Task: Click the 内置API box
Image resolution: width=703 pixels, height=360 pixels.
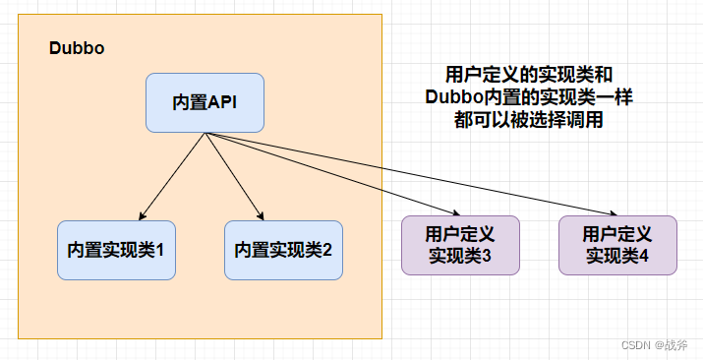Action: click(205, 102)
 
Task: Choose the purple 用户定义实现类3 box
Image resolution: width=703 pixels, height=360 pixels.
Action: click(459, 245)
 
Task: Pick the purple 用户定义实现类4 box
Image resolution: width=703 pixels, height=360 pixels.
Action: click(617, 245)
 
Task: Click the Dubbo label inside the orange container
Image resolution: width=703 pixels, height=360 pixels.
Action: click(77, 49)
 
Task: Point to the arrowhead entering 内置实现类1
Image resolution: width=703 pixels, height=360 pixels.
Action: click(142, 216)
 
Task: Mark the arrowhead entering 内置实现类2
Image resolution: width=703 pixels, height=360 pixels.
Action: click(262, 216)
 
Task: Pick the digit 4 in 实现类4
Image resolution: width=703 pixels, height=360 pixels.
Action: click(644, 256)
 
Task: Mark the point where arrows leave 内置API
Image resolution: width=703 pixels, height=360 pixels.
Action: click(205, 133)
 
